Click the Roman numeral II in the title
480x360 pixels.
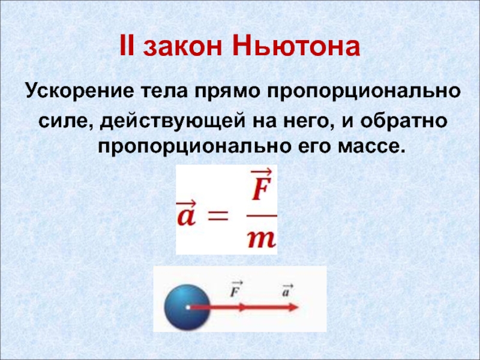(x=127, y=46)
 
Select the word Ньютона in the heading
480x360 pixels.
(x=296, y=47)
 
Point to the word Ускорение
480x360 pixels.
(x=80, y=91)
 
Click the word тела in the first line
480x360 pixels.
(x=164, y=92)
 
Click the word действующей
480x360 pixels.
(x=172, y=121)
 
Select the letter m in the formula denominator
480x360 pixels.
(x=262, y=239)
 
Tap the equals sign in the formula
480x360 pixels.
(x=218, y=216)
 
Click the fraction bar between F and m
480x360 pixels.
(x=262, y=215)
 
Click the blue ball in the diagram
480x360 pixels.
(x=187, y=307)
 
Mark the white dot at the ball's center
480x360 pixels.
(x=188, y=307)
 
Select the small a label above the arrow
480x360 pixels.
(x=287, y=290)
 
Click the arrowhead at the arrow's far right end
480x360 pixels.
(x=294, y=307)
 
